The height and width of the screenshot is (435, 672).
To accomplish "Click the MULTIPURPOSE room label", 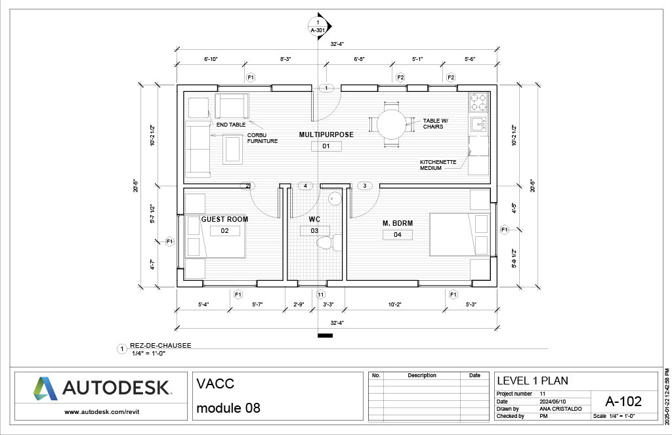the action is pyautogui.click(x=326, y=135).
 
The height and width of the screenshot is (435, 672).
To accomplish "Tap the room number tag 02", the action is pyautogui.click(x=224, y=231).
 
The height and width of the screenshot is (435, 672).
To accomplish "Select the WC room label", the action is pyautogui.click(x=314, y=219).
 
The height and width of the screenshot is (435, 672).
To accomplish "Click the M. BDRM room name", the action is pyautogui.click(x=398, y=224).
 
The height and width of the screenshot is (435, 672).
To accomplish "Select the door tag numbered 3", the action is pyautogui.click(x=364, y=186).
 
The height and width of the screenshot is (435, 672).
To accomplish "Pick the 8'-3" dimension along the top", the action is pyautogui.click(x=285, y=59).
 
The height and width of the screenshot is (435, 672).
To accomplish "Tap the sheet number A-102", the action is pyautogui.click(x=623, y=401).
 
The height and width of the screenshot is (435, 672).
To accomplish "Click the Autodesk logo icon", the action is pyautogui.click(x=46, y=388).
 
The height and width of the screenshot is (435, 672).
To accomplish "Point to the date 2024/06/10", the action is pyautogui.click(x=554, y=401).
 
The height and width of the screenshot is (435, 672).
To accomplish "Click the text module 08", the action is pyautogui.click(x=228, y=408).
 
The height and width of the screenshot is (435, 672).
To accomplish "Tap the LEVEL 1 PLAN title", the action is pyautogui.click(x=532, y=381).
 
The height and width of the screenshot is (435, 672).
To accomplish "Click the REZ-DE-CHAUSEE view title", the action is pyautogui.click(x=160, y=346).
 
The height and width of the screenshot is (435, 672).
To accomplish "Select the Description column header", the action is pyautogui.click(x=421, y=376).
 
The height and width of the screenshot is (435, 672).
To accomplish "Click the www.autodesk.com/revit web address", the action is pyautogui.click(x=102, y=412).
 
